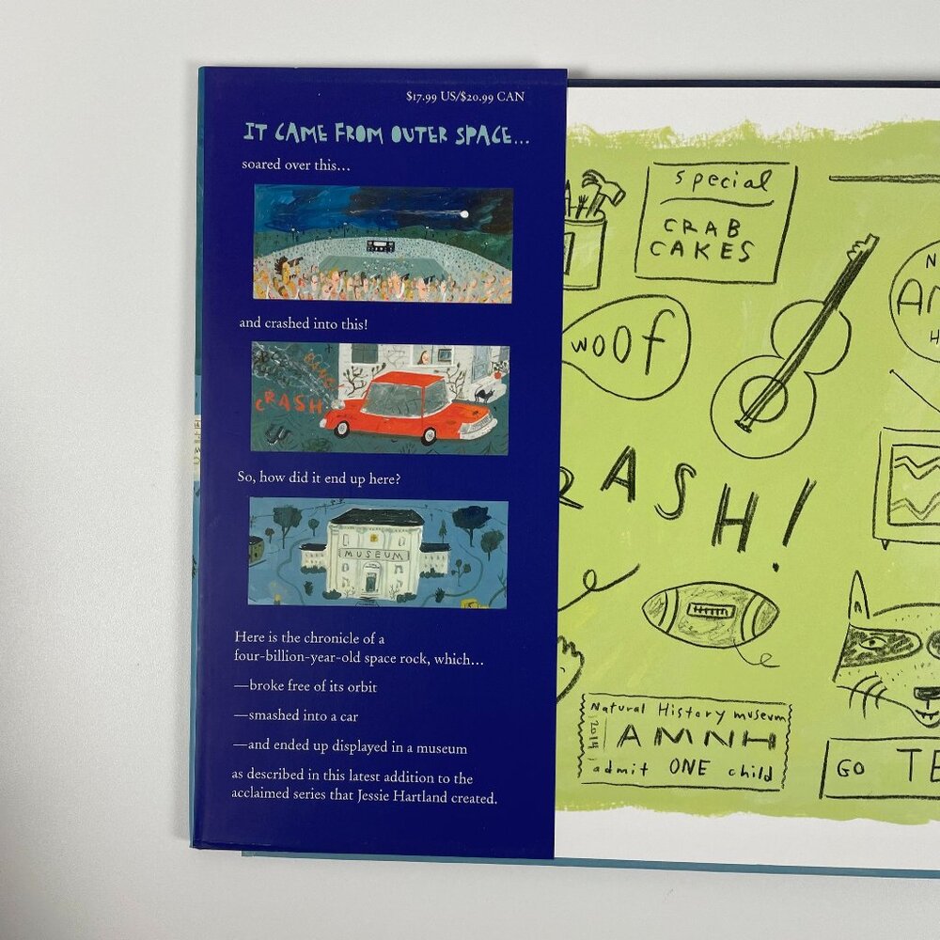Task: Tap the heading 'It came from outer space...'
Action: pyautogui.click(x=386, y=135)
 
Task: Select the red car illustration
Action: pyautogui.click(x=408, y=407)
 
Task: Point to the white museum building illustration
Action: pyautogui.click(x=376, y=555)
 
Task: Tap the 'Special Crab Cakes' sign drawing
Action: pyautogui.click(x=715, y=222)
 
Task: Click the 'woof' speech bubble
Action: pyautogui.click(x=626, y=346)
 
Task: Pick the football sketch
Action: pyautogui.click(x=711, y=614)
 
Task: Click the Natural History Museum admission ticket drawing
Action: pyautogui.click(x=684, y=742)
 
